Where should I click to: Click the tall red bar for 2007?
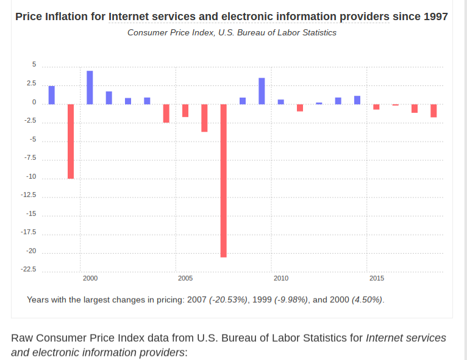tap(224, 180)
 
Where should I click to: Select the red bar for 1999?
tap(71, 141)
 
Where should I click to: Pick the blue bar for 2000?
tap(90, 87)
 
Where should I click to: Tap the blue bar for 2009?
tap(262, 91)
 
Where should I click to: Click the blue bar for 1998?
tap(52, 95)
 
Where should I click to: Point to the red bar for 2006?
tap(204, 118)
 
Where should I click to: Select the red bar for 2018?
tap(433, 110)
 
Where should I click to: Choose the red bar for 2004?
tap(166, 113)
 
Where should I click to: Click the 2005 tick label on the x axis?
tap(185, 278)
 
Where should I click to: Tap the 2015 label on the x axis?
tap(377, 278)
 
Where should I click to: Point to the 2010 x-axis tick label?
tap(281, 278)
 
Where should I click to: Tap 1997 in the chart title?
tap(435, 16)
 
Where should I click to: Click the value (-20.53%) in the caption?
tap(228, 300)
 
